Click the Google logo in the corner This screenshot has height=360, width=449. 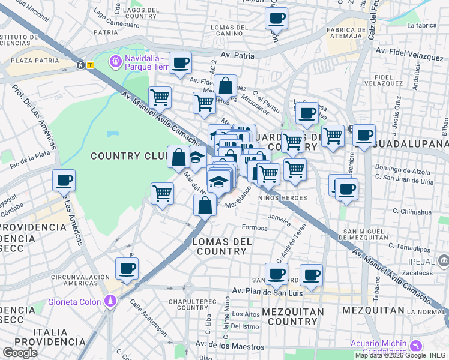tap(20, 353)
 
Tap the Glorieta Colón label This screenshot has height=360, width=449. tap(73, 302)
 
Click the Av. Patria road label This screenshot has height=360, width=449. tap(238, 56)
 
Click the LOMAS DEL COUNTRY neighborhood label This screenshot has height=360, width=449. tap(220, 246)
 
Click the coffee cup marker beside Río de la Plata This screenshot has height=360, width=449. tap(64, 180)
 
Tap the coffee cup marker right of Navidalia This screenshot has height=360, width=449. tap(179, 63)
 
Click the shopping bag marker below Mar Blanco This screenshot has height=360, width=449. tap(205, 205)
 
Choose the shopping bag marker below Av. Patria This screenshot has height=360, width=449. tap(225, 86)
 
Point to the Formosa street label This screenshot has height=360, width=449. tap(254, 227)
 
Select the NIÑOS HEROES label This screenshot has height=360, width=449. tap(283, 197)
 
